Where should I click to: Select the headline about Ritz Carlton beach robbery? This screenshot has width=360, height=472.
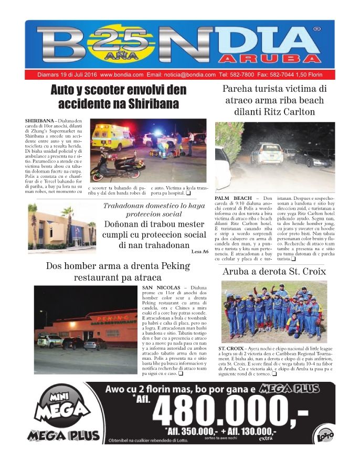click(x=274, y=100)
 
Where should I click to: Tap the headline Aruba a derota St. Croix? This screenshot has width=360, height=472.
click(x=274, y=272)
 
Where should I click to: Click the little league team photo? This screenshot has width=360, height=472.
click(x=274, y=312)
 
